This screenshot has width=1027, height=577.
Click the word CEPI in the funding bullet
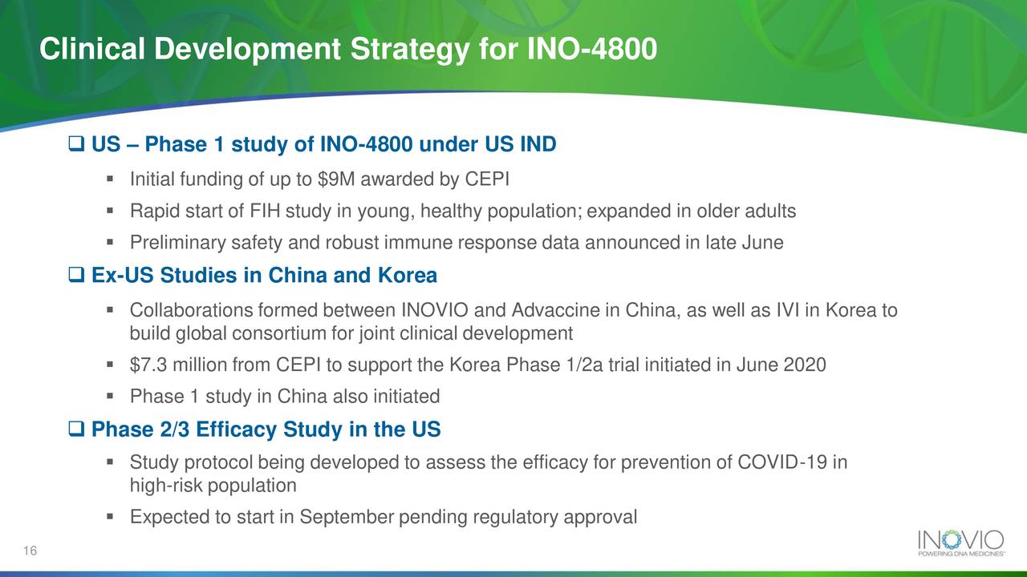pyautogui.click(x=487, y=178)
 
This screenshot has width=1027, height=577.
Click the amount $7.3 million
pyautogui.click(x=178, y=365)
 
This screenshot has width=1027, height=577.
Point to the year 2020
pyautogui.click(x=805, y=365)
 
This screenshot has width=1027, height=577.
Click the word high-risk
pyautogui.click(x=165, y=486)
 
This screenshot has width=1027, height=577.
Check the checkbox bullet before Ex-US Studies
pyautogui.click(x=77, y=276)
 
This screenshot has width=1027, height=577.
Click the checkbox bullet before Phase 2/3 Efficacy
pyautogui.click(x=77, y=430)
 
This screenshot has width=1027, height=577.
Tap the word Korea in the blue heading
pyautogui.click(x=404, y=276)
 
